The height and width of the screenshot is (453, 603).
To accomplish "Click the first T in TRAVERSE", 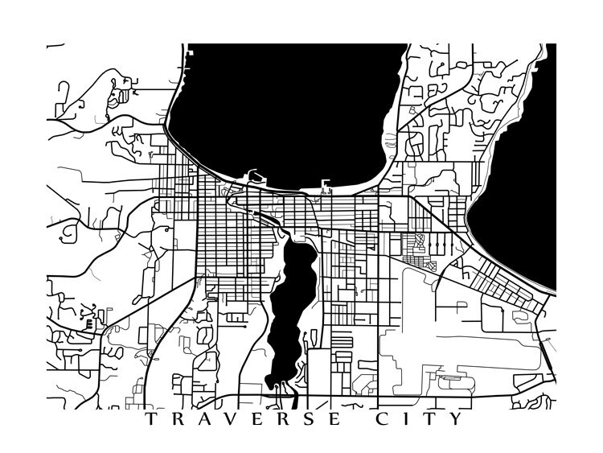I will click(x=152, y=419).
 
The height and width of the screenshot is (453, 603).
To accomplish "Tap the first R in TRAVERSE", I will click(x=178, y=419).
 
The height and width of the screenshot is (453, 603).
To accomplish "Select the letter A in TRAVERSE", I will click(x=204, y=419).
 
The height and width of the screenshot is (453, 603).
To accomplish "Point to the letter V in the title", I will click(x=232, y=419).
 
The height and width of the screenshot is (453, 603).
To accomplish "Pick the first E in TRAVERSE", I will click(x=258, y=419).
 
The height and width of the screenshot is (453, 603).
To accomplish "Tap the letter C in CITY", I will click(x=382, y=419).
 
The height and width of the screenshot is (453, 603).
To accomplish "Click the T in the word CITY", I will click(x=430, y=419).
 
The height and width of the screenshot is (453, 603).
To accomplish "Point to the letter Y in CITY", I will click(x=457, y=419).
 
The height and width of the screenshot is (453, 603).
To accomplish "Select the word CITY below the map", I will click(x=419, y=419).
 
